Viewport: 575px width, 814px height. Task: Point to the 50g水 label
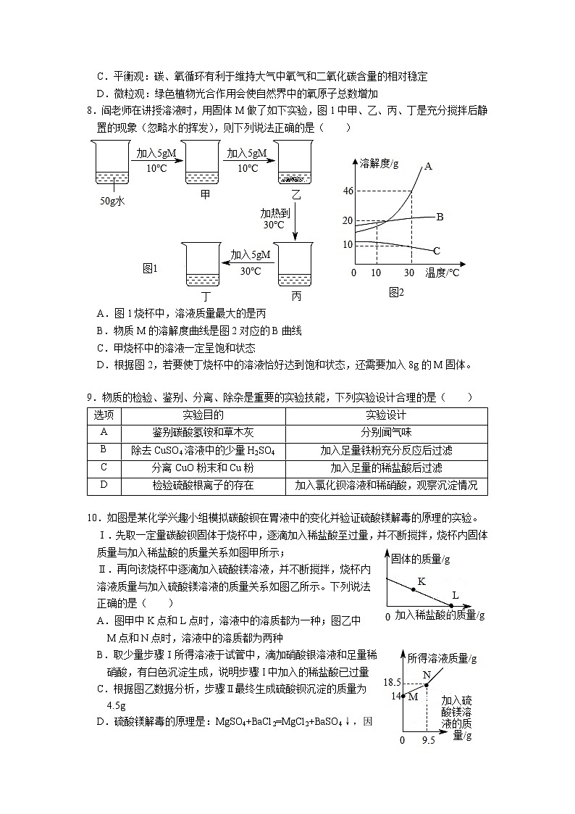pyautogui.click(x=112, y=201)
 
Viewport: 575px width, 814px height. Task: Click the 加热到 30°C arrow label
pyautogui.click(x=275, y=219)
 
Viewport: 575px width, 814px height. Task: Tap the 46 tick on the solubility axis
pyautogui.click(x=348, y=191)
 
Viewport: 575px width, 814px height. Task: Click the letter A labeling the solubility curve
pyautogui.click(x=428, y=166)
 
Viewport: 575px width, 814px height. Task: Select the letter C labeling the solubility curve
pyautogui.click(x=437, y=251)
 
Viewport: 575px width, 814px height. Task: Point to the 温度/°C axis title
pyautogui.click(x=442, y=273)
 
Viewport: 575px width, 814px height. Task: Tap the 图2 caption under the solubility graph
pyautogui.click(x=396, y=292)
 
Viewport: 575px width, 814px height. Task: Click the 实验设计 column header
pyautogui.click(x=386, y=415)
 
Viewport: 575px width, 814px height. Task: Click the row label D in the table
pyautogui.click(x=104, y=486)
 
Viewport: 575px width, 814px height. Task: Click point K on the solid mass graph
pyautogui.click(x=414, y=589)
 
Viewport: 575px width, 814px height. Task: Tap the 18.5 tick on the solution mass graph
pyautogui.click(x=393, y=683)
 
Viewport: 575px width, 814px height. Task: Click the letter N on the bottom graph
pyautogui.click(x=427, y=674)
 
